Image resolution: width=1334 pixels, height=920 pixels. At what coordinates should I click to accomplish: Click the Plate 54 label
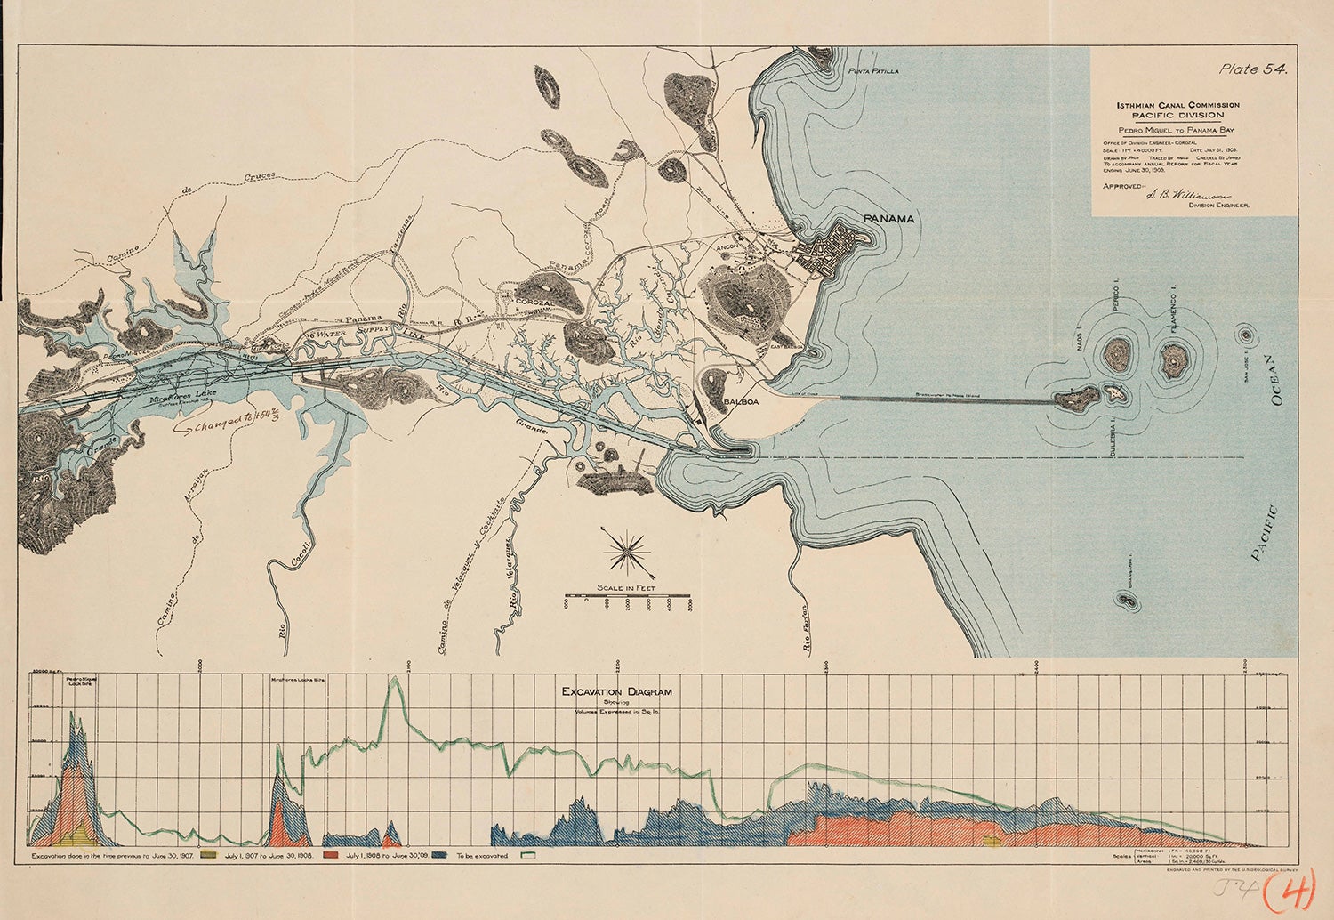[x=1254, y=69]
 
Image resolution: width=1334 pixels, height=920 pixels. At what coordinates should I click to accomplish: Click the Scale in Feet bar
[x=629, y=593]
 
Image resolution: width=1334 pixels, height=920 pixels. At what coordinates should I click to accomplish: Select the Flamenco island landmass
[x=1175, y=360]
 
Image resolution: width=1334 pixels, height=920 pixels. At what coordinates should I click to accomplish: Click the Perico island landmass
[x=1116, y=355]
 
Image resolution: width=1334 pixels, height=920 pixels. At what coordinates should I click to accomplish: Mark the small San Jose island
[x=1244, y=335]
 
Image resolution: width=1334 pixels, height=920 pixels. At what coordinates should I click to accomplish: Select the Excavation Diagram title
[x=616, y=691]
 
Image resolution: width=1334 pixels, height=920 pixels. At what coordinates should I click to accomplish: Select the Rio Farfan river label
[x=808, y=636]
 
